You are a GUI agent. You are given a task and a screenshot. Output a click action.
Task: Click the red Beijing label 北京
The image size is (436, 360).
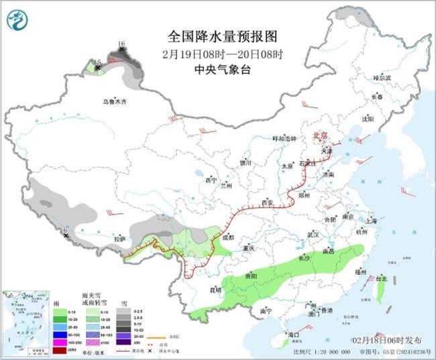[x=320, y=135]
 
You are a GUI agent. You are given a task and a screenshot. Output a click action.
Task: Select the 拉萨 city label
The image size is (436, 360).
[x=120, y=239]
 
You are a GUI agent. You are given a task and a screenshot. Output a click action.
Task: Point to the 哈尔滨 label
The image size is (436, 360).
[x=381, y=78]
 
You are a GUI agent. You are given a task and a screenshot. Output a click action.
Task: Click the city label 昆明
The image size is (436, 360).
[x=215, y=290]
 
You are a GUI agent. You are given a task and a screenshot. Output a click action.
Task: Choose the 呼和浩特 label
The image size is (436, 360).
[x=283, y=138]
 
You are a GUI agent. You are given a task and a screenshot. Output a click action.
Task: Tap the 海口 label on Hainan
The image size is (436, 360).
[x=293, y=333]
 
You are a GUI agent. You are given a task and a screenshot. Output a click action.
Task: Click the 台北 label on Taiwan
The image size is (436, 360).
[x=382, y=278]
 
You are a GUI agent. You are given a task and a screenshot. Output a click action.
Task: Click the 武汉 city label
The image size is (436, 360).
[x=313, y=235]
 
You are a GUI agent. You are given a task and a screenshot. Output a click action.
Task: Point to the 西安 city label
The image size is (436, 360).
[x=268, y=202]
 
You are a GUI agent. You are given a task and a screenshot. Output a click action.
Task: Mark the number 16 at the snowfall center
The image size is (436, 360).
[x=121, y=44]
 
